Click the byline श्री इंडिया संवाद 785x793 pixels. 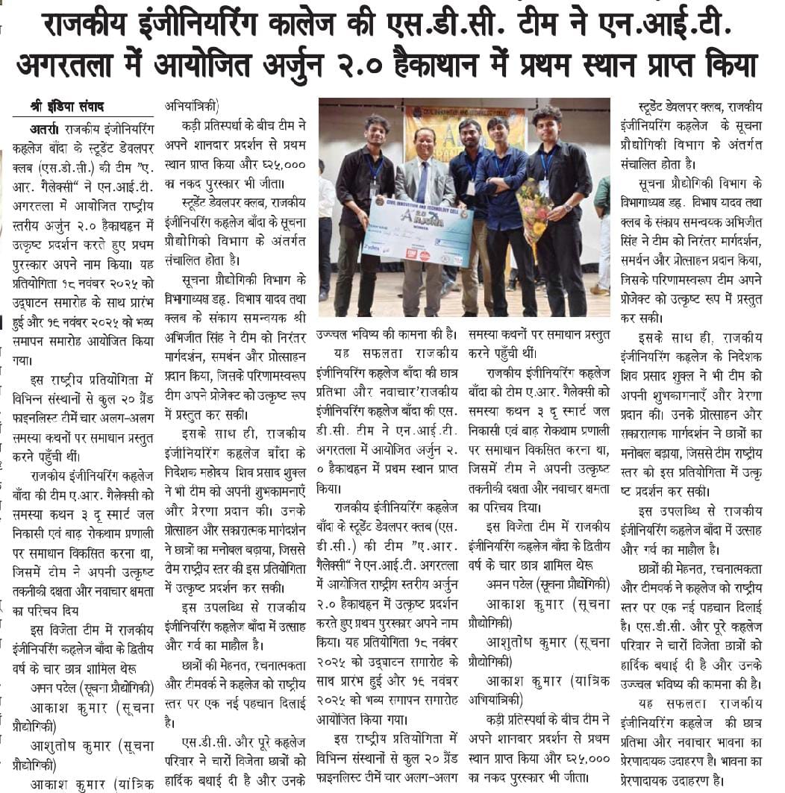pos(67,107)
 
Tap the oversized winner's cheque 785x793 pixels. pos(418,231)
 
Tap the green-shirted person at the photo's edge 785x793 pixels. pos(601,224)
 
